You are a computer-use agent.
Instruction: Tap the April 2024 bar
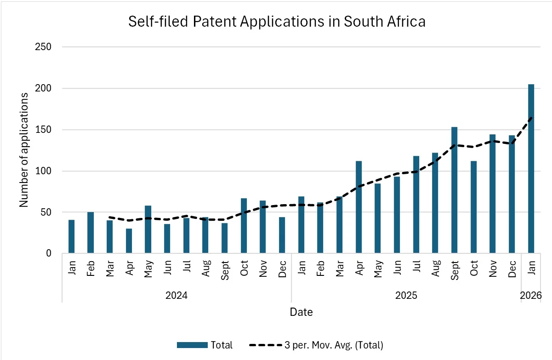click(129, 241)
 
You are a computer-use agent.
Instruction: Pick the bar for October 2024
click(244, 226)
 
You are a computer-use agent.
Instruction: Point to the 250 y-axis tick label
click(44, 47)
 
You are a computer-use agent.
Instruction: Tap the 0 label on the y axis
click(48, 253)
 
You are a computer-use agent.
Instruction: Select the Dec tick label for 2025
click(512, 267)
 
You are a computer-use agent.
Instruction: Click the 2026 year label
click(531, 295)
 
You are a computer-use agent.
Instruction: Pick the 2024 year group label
click(176, 295)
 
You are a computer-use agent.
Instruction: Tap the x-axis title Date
click(301, 312)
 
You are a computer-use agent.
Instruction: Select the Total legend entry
click(205, 345)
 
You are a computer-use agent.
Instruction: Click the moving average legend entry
click(316, 345)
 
